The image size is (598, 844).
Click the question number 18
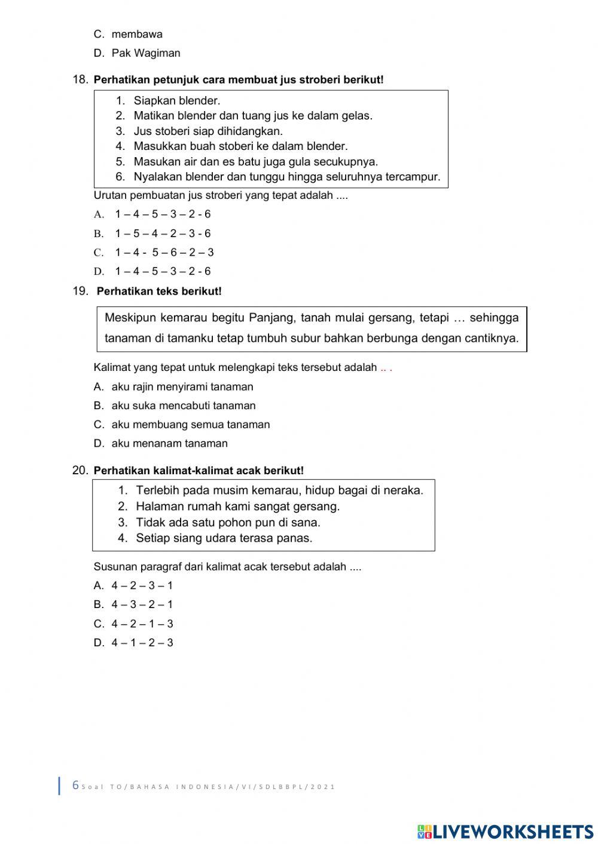pos(80,79)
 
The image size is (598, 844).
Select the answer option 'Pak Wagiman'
pos(145,53)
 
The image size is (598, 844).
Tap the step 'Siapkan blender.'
pos(176,101)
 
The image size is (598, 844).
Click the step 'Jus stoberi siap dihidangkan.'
pos(208,131)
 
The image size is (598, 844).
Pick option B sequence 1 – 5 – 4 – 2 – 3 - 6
pos(163,234)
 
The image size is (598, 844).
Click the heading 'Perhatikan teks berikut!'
pos(159,291)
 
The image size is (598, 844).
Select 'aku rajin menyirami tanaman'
pos(182,387)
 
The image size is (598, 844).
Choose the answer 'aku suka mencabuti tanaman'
pos(183,406)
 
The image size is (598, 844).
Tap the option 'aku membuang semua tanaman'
pos(190,425)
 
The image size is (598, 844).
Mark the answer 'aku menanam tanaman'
pos(169,444)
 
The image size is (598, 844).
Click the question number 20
pos(80,471)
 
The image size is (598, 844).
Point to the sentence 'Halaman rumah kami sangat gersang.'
pos(237,507)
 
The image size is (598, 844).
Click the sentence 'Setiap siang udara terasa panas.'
pos(224,538)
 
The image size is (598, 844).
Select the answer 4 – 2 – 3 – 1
pos(142,586)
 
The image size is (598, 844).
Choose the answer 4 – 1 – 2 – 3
pos(142,643)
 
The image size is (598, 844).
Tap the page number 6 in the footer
pos(75,785)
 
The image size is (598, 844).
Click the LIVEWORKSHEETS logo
pos(505,831)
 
